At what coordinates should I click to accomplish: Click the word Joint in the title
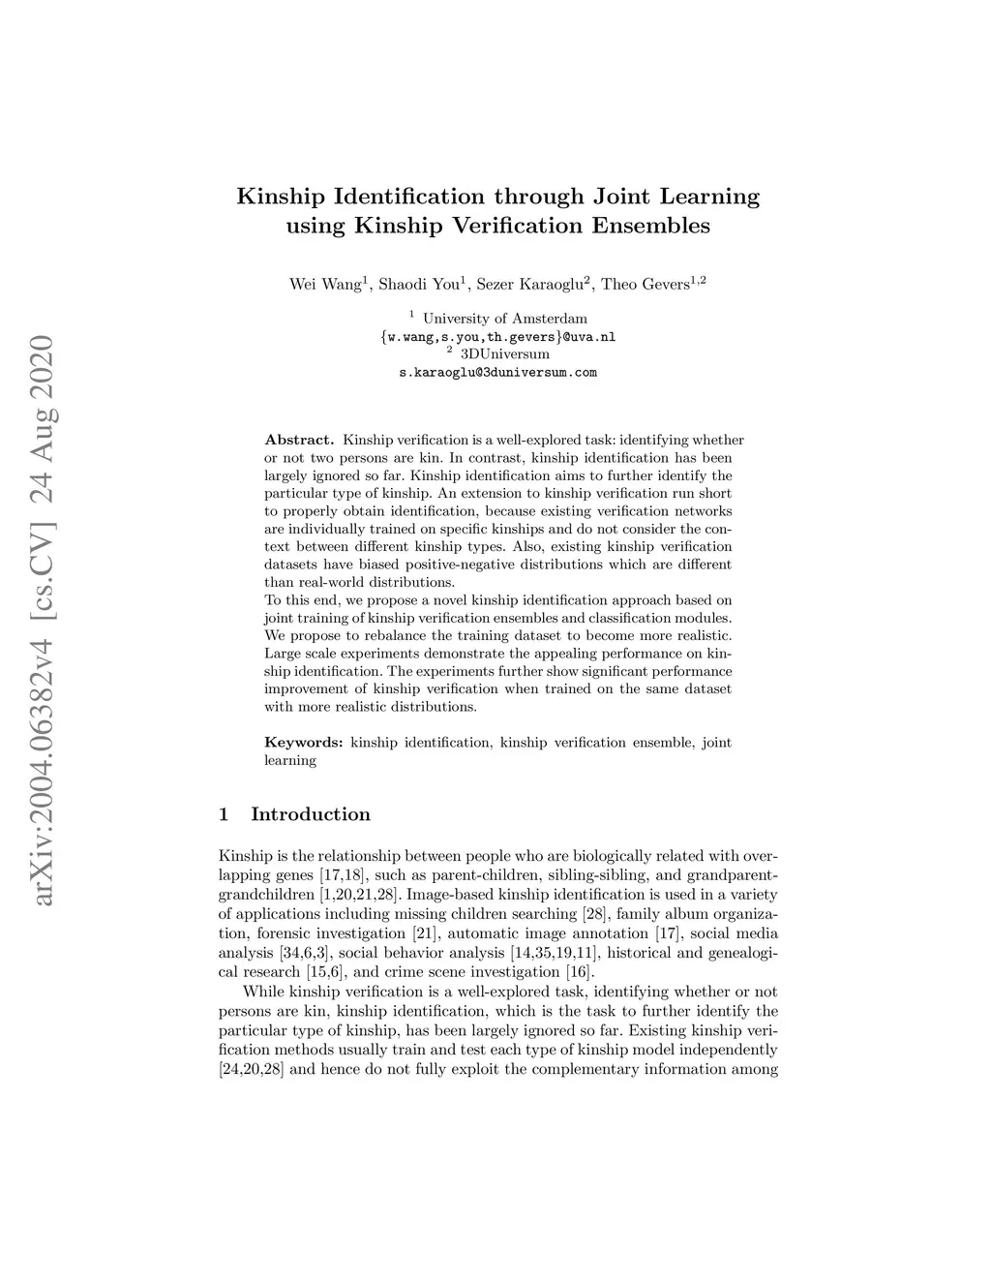[619, 198]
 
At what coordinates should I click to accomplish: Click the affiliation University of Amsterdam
[504, 319]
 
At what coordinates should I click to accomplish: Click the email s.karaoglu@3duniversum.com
[498, 372]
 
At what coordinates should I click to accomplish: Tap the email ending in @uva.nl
[498, 337]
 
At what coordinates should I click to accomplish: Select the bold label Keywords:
[304, 743]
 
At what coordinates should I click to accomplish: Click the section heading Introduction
[311, 814]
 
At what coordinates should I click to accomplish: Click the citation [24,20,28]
[252, 1070]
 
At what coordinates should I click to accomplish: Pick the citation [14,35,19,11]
[554, 953]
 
